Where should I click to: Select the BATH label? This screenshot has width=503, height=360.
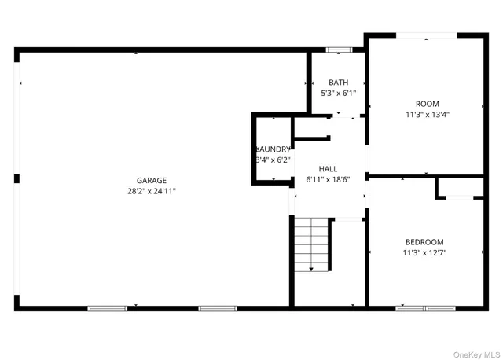338,83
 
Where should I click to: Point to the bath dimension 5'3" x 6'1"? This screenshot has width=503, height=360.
338,93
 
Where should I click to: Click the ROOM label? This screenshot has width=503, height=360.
427,104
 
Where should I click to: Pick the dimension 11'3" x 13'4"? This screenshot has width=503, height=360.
427,114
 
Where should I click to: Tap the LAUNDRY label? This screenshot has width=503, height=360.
273,149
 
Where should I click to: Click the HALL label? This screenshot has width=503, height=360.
328,169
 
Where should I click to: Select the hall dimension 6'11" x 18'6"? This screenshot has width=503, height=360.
328,179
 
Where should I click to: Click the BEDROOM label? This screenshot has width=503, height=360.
424,242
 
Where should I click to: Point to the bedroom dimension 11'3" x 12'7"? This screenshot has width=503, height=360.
424,252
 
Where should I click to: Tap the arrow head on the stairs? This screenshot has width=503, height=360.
312,270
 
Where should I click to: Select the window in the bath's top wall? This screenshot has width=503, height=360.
338,51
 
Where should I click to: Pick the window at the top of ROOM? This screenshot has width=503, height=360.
427,35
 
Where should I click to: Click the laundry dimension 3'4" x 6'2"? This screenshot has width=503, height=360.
273,160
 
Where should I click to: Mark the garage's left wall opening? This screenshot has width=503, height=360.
17,118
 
